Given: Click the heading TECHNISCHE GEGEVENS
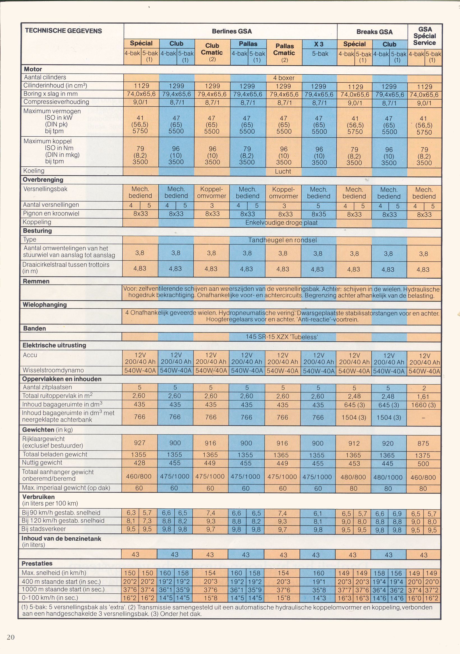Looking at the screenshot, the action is tap(63, 31).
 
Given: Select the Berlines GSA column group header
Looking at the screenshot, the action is tap(232, 31).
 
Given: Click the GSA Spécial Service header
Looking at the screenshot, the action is tap(425, 36).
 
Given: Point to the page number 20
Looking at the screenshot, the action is tap(11, 637).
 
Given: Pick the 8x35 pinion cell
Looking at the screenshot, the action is tap(318, 214).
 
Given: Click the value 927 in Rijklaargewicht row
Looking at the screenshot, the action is tap(140, 443).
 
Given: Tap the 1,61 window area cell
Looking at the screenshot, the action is tap(424, 396).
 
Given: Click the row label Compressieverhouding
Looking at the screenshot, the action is tap(56, 102).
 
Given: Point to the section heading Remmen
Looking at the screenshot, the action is tap(36, 281).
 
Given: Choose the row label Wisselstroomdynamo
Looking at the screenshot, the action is tap(53, 370).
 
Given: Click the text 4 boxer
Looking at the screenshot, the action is tap(284, 78).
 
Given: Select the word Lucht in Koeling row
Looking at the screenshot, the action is tap(283, 171).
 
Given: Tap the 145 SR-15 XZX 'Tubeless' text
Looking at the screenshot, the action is tap(281, 337).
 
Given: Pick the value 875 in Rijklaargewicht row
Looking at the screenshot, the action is tap(423, 444).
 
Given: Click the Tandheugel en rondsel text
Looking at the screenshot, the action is tap(282, 240).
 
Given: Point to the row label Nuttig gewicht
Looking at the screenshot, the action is tap(42, 463).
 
